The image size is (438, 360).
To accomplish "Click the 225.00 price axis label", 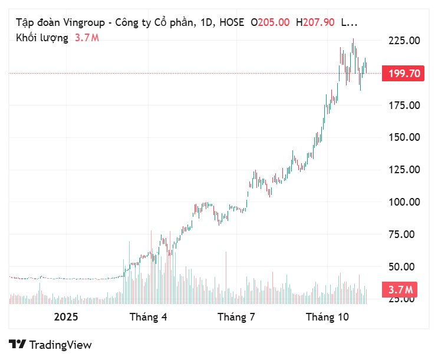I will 404,41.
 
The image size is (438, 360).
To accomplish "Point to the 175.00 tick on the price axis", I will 404,105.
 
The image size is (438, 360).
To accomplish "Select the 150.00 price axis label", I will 404,137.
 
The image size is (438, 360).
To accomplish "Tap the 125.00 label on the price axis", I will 404,170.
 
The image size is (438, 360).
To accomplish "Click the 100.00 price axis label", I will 404,202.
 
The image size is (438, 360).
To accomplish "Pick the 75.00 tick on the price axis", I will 406,235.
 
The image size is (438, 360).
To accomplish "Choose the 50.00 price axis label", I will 406,266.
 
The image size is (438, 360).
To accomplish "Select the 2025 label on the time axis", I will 65,317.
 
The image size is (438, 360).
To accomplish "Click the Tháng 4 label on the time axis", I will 148,317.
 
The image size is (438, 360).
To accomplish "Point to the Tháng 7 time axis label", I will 236,317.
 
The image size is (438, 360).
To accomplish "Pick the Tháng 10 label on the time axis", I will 327,317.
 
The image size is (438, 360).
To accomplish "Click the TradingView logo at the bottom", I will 50,345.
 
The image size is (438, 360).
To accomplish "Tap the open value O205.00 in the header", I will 270,22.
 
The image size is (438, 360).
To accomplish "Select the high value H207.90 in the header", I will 315,22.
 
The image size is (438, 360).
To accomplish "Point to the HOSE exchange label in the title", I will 231,22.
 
